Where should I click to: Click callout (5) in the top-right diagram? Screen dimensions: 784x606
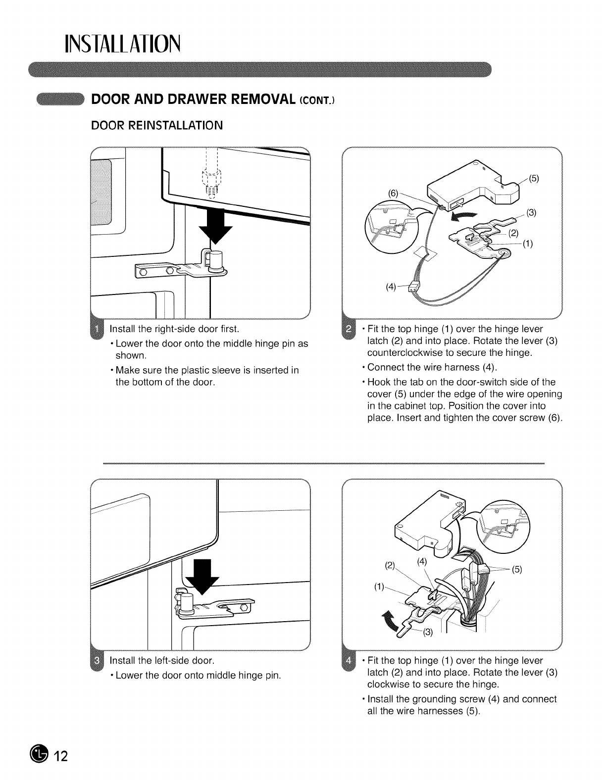[x=534, y=178]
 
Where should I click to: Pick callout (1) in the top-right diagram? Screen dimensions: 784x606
[x=527, y=244]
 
